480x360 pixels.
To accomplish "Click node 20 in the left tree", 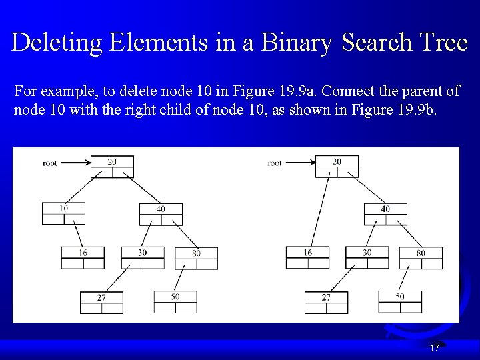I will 112,167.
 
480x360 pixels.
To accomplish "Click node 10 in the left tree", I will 63,213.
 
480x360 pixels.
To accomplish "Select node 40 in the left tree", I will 161,213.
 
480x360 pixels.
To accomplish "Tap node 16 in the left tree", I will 83,257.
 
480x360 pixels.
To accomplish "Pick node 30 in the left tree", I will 143,257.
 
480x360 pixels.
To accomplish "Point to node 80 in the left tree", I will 196,257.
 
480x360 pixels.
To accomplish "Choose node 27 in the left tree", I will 101,302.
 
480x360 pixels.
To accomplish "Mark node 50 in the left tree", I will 175,301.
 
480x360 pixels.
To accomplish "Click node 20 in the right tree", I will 337,167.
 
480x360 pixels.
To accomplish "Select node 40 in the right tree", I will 385,213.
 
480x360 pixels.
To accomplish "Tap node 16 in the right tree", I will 307,257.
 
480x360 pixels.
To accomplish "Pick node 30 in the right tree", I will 367,257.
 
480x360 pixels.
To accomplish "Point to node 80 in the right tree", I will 421,257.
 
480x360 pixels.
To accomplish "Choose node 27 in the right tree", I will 326,302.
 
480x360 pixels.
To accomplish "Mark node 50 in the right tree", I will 400,301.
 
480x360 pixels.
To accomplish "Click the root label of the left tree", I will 50,163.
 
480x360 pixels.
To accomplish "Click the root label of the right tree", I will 274,163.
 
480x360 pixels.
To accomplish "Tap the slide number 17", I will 435,347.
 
